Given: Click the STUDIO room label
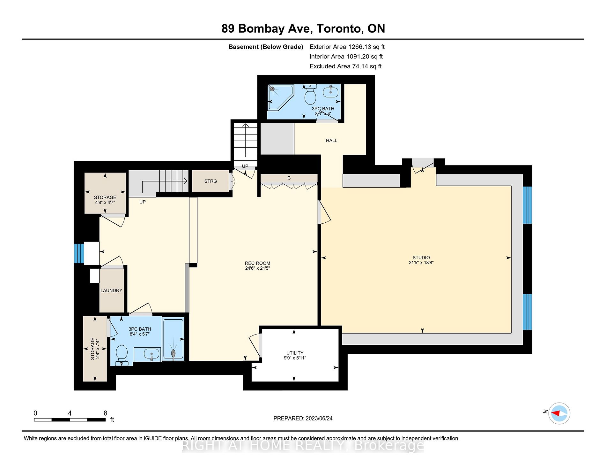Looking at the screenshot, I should pos(421,258).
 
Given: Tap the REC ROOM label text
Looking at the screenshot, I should pos(257,263).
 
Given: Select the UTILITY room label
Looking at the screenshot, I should pos(295,353).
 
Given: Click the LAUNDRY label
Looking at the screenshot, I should pos(111,290).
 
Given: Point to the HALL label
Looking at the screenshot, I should pos(331,141).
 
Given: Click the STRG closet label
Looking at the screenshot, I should pos(211,181).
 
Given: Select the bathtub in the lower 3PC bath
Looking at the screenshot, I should pos(173,339).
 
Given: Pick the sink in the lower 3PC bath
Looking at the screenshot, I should pos(151,354).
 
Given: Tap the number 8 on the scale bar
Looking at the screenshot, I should pos(105,413).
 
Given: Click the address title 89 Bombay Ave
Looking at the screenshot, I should pos(303,29).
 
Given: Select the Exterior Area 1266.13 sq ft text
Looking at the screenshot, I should pos(347,47).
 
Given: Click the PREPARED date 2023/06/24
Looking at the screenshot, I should pos(303,418).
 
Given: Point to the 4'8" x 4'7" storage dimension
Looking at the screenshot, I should pos(105,203).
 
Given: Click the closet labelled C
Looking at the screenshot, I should pos(289,178).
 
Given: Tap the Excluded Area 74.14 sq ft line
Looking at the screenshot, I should pos(345,66).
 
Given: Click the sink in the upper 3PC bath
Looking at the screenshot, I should pos(330,92).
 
